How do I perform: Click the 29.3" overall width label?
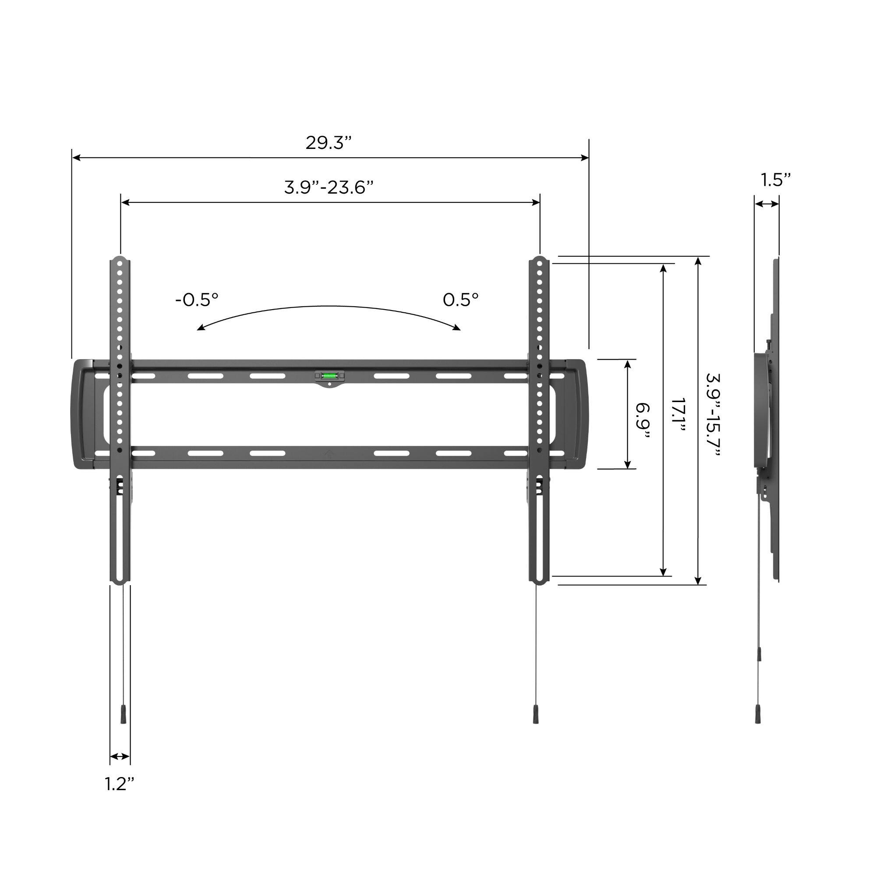tap(328, 143)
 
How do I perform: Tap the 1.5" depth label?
tap(775, 180)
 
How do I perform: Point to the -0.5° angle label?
tap(197, 300)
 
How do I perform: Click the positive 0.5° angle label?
tap(460, 300)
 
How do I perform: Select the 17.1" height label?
tap(678, 415)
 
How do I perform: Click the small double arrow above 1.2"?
tap(120, 756)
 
